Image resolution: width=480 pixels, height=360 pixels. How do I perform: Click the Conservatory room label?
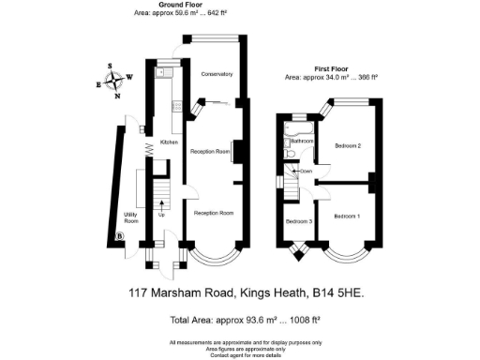point(217,74)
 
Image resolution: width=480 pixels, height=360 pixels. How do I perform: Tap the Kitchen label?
point(169,142)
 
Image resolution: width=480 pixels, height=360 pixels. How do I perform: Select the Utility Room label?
point(131,217)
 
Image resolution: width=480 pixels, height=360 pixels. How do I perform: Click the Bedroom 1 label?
point(346,217)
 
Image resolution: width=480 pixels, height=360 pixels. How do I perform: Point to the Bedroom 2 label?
point(348,146)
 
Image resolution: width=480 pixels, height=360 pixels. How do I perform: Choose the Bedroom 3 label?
point(298,221)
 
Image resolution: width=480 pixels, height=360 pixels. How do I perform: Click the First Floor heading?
point(331,67)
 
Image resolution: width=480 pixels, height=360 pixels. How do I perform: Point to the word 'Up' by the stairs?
point(161,217)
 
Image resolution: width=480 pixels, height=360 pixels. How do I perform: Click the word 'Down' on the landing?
point(306,172)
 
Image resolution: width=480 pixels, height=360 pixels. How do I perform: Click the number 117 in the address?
point(140,292)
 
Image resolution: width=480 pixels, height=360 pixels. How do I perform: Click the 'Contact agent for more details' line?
point(245,355)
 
